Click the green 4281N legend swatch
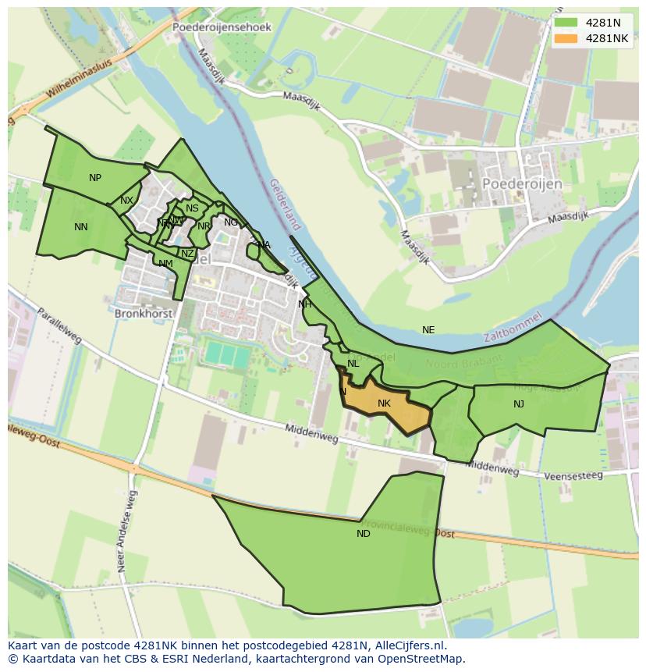click(x=566, y=23)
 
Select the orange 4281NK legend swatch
click(x=566, y=38)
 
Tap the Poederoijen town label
click(x=522, y=183)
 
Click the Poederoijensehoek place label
click(x=222, y=27)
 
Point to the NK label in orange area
click(x=384, y=404)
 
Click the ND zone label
click(x=364, y=534)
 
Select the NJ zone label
click(x=519, y=404)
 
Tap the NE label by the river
click(x=428, y=330)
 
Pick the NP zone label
click(x=95, y=178)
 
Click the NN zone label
click(x=81, y=227)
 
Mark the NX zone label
click(x=126, y=201)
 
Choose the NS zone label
click(x=192, y=208)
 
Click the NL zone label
click(x=353, y=364)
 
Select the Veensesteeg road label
click(x=573, y=475)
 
